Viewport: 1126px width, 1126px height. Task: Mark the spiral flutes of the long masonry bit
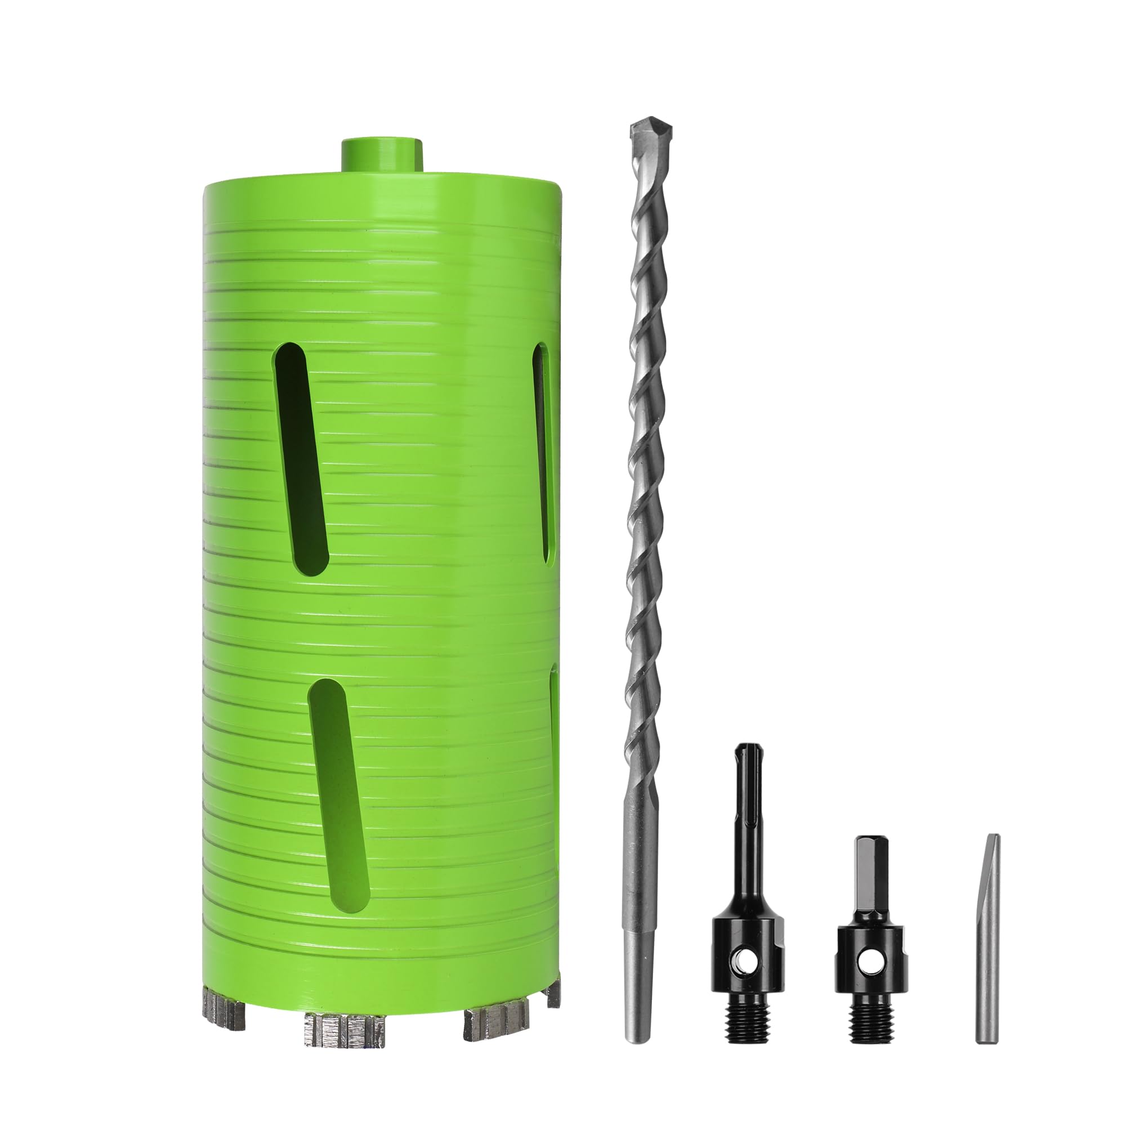tap(644, 466)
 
